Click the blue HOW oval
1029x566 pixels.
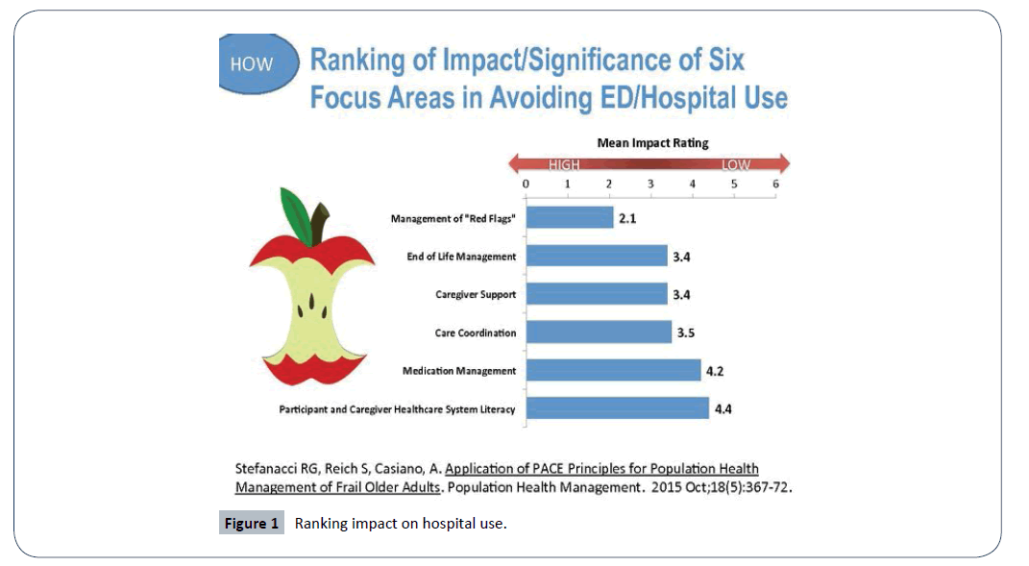click(x=253, y=65)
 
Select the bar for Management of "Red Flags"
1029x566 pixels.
click(x=569, y=218)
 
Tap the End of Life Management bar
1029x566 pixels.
click(x=596, y=257)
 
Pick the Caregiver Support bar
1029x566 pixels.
click(x=596, y=294)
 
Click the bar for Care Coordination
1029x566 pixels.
click(x=598, y=332)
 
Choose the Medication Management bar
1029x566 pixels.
click(x=612, y=371)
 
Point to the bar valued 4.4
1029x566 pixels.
click(x=617, y=408)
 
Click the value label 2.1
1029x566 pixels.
click(x=627, y=219)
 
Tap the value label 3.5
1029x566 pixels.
click(x=686, y=333)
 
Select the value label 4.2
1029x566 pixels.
click(x=715, y=372)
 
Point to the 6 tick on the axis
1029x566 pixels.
click(x=775, y=184)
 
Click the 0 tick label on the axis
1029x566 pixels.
click(x=526, y=184)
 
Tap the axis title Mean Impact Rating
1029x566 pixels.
click(x=652, y=143)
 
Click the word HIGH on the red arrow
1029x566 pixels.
click(x=564, y=164)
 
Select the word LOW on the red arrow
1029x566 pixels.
click(x=736, y=164)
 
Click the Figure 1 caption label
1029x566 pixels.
click(x=252, y=524)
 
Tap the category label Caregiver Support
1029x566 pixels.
click(x=475, y=295)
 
